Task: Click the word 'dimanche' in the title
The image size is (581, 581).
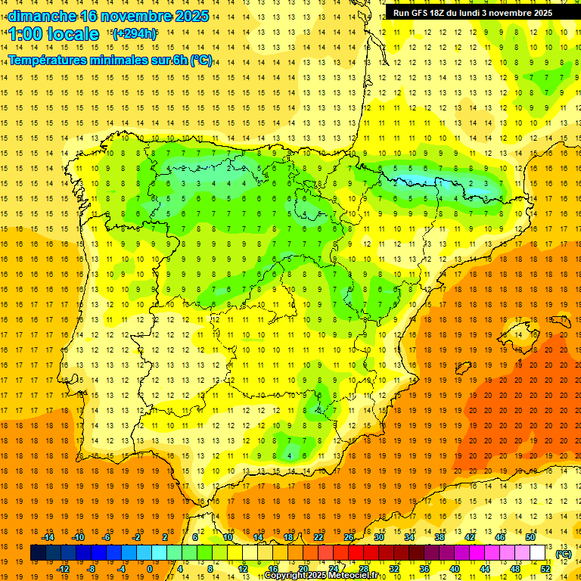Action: [x=41, y=16]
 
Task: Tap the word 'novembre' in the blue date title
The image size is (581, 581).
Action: [x=129, y=16]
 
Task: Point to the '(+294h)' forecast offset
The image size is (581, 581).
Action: [x=135, y=34]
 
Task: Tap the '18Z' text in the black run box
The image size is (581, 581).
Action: [x=441, y=13]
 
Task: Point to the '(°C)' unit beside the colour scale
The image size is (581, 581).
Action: [x=563, y=554]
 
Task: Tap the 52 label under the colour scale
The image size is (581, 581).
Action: [x=545, y=569]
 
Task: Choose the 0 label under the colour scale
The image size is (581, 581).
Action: [x=150, y=569]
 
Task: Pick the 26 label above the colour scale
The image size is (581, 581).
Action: [x=349, y=537]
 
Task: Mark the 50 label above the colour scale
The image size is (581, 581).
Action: [x=530, y=537]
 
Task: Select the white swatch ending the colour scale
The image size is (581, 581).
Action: [x=538, y=553]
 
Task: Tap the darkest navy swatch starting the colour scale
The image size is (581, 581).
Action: [x=38, y=553]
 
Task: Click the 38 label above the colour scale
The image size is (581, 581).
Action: [x=440, y=537]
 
